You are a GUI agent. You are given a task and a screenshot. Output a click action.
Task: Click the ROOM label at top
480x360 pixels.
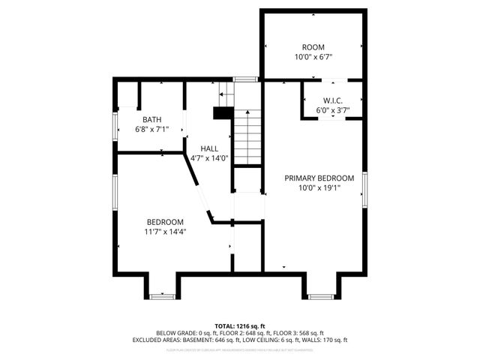[x=313, y=47]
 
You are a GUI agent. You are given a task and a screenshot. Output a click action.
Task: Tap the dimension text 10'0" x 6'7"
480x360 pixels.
[x=313, y=57]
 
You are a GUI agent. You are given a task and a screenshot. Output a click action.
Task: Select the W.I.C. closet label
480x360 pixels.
[x=333, y=100]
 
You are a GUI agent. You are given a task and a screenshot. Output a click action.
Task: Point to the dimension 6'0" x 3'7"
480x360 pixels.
[x=333, y=110]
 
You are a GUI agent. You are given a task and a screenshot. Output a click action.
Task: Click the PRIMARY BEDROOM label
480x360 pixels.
[x=319, y=178]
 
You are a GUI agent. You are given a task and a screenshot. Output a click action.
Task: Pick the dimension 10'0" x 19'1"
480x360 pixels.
[x=319, y=188]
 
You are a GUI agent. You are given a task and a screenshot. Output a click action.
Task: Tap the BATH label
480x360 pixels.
[x=152, y=119]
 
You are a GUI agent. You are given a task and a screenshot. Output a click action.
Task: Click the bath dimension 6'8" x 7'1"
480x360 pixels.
[x=152, y=129]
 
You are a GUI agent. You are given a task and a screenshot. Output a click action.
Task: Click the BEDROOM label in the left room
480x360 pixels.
[x=165, y=222]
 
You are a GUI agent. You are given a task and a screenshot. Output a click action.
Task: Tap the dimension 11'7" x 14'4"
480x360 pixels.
[x=165, y=232]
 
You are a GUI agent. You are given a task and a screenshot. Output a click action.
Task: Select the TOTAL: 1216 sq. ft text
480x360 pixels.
[x=240, y=326]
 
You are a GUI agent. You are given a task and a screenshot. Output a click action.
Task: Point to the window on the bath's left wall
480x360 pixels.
[x=115, y=127]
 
